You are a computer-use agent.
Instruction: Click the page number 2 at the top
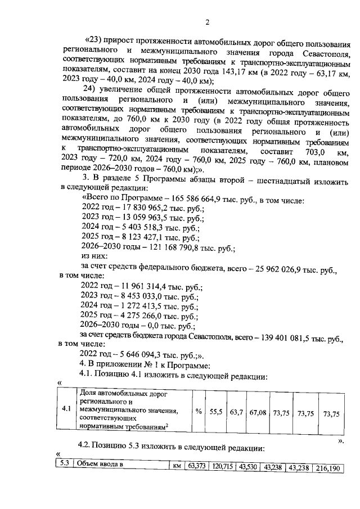[x=207, y=22]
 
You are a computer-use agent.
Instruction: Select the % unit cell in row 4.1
[x=199, y=412]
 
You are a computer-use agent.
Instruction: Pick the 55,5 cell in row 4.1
[x=217, y=412]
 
